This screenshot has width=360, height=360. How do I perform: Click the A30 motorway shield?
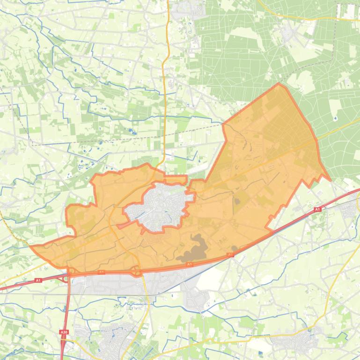pos(63,332)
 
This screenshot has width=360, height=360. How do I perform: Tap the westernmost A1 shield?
pos(38,281)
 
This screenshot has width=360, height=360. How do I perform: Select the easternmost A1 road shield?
pos(317,209)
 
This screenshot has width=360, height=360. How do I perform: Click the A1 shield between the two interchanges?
pos(101,272)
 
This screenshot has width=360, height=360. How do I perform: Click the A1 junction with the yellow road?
pos(136,271)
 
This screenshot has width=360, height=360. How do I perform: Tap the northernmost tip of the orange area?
pos(279,84)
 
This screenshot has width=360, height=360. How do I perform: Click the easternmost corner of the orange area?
pos(330,180)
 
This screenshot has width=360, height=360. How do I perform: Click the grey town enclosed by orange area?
pos(162,206)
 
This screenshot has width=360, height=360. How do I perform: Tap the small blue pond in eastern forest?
pos(336,118)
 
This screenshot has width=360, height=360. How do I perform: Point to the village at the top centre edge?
pos(184,8)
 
